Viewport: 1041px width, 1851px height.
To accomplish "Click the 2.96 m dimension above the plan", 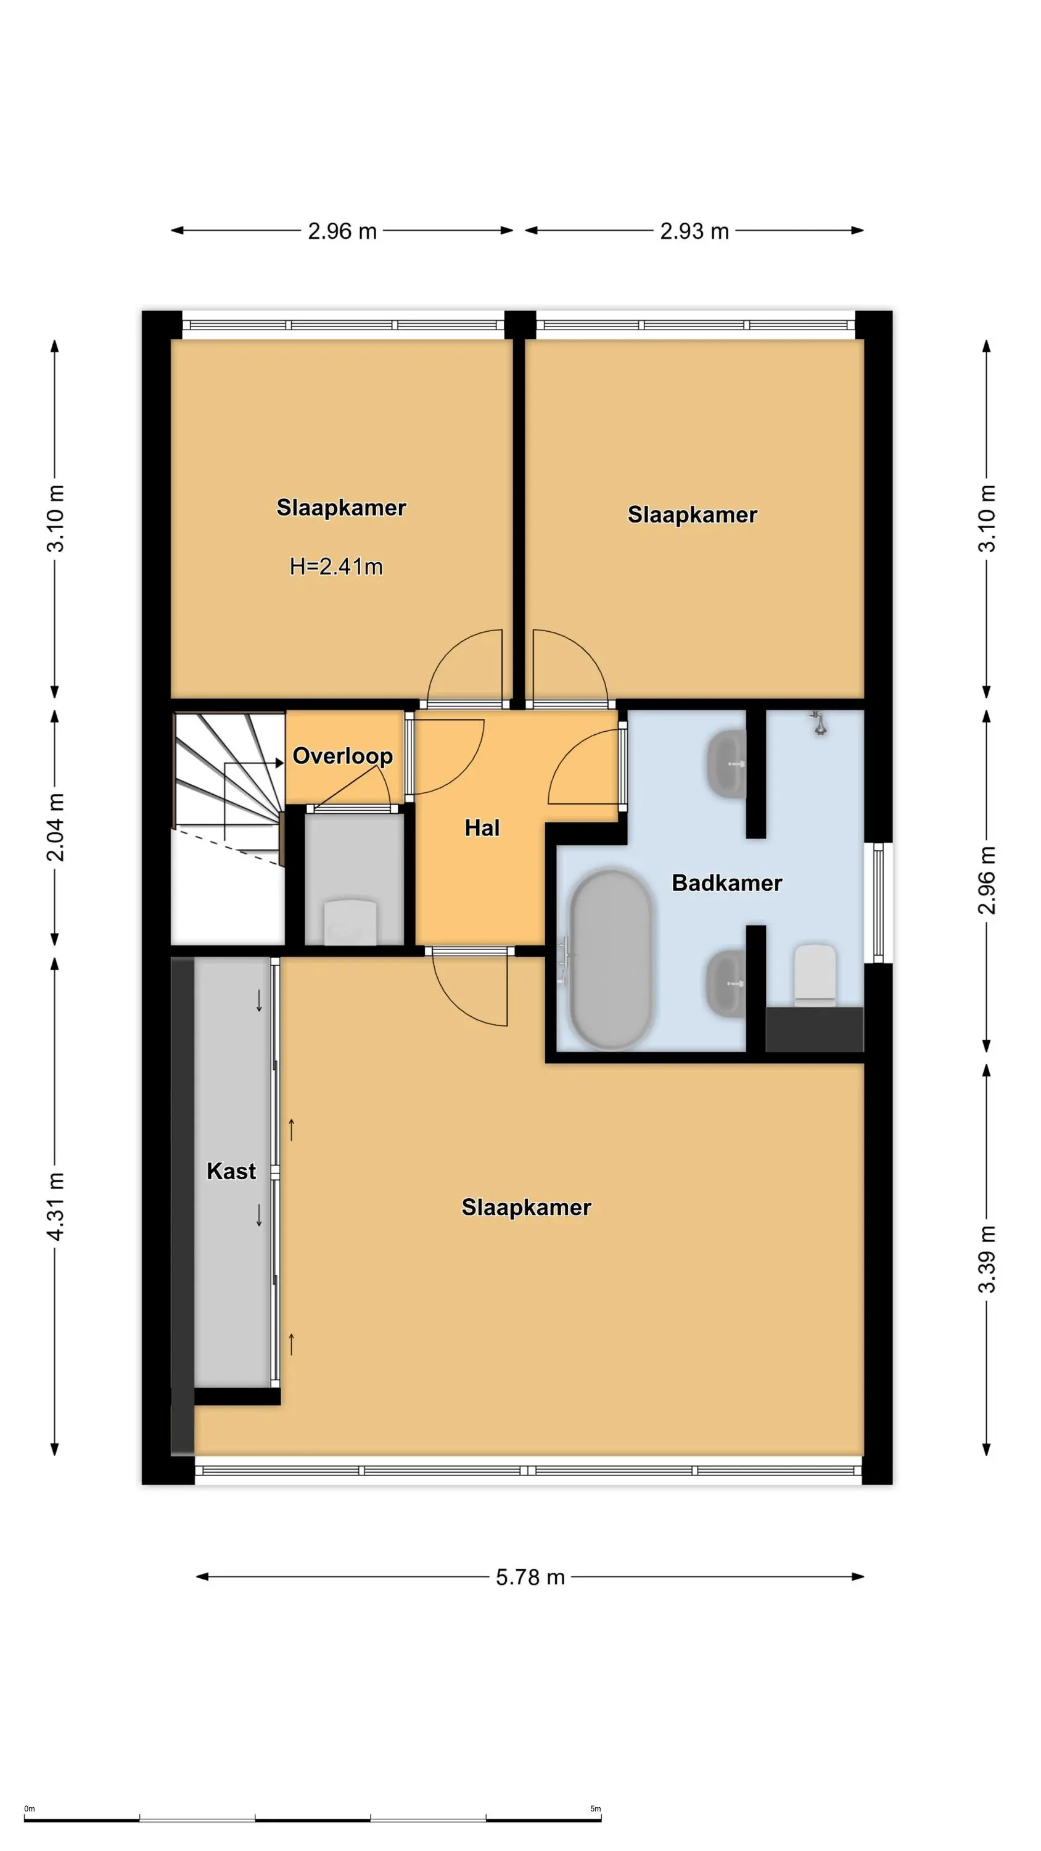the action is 342,231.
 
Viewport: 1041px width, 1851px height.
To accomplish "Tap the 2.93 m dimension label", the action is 694,231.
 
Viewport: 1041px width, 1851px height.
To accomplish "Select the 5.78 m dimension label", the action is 530,1576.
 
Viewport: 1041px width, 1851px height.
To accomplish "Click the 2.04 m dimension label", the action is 56,828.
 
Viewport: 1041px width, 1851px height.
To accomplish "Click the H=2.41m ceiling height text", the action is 336,566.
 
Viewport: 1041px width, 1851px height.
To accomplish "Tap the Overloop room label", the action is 343,756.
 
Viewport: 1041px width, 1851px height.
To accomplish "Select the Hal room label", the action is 482,828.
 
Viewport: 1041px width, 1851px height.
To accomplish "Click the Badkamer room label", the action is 727,882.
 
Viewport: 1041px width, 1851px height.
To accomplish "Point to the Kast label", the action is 231,1170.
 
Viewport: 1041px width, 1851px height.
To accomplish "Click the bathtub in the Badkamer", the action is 610,959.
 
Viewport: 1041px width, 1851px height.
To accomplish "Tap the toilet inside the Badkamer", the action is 815,974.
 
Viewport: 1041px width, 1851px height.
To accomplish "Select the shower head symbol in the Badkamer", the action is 818,722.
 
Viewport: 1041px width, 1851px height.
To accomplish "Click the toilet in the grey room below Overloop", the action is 350,922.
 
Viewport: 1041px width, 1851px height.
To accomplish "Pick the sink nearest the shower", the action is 727,763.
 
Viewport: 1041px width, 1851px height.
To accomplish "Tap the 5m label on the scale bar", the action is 596,1808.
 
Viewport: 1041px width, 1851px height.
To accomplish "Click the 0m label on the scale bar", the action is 30,1808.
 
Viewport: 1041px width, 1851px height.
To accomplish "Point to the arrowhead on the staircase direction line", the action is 280,763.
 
